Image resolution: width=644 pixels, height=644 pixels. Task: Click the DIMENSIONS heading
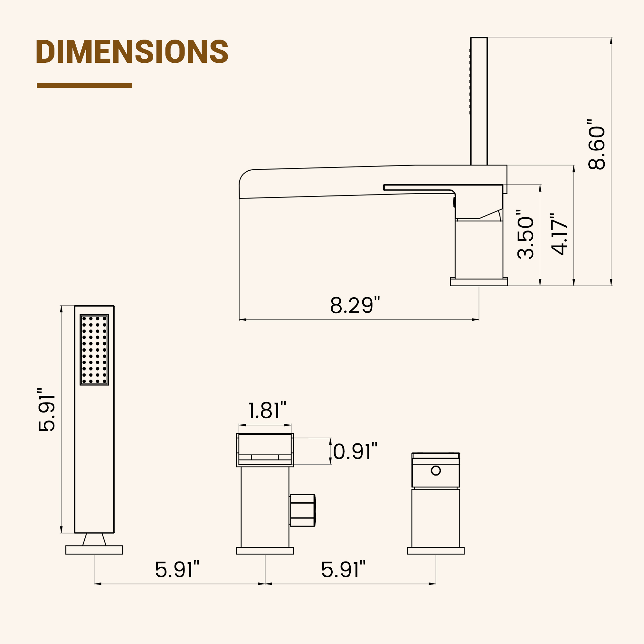tap(132, 52)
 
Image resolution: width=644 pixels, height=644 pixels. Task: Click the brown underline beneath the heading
tap(84, 86)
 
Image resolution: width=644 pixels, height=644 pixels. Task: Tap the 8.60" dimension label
tap(597, 144)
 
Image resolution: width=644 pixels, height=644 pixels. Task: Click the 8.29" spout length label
tap(355, 305)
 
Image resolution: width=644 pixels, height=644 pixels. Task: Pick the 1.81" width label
tap(267, 411)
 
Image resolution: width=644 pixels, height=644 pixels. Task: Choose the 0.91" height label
tap(355, 452)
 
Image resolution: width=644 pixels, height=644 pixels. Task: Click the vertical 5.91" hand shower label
tap(47, 409)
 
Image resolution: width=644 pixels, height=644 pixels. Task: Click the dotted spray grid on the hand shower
tap(94, 350)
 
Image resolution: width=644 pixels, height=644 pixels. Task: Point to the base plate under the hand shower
tap(94, 550)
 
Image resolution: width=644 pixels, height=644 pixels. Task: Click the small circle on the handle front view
tap(436, 471)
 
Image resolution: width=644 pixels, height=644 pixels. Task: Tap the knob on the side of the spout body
tap(303, 510)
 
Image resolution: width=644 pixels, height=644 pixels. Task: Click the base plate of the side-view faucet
tap(479, 282)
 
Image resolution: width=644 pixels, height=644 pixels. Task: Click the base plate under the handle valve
tap(436, 551)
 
